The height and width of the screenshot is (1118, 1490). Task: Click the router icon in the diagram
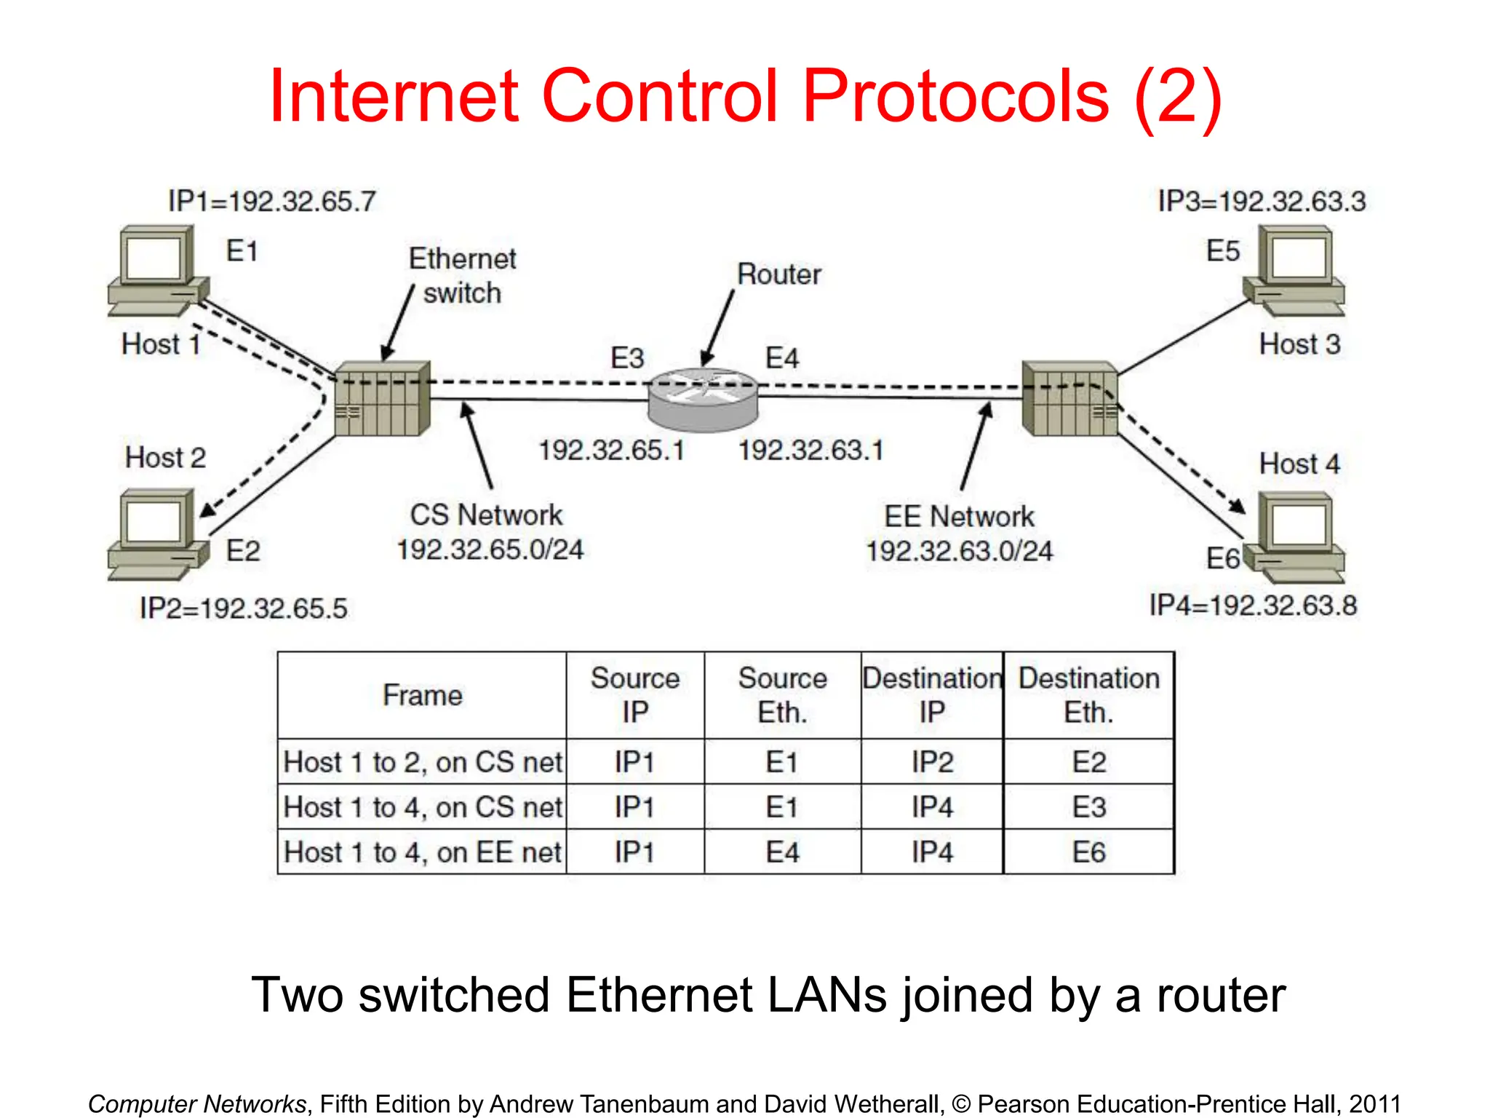tap(703, 400)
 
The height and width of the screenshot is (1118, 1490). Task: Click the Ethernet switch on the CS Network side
tap(383, 398)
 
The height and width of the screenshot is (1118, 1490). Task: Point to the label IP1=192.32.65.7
tap(272, 201)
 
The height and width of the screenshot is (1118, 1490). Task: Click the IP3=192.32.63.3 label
tap(1262, 201)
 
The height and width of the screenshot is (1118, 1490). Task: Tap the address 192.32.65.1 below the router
tap(611, 450)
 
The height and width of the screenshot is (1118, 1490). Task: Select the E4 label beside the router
tap(782, 358)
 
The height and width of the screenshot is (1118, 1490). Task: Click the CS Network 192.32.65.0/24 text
tap(489, 532)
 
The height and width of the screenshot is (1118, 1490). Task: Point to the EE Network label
tap(959, 516)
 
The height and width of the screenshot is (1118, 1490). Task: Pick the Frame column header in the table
tap(422, 695)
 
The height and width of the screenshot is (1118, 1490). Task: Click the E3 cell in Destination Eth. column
tap(1088, 807)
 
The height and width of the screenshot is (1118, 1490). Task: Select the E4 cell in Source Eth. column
tap(782, 852)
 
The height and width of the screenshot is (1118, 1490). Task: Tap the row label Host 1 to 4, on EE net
tap(422, 852)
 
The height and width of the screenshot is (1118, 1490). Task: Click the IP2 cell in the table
tap(932, 762)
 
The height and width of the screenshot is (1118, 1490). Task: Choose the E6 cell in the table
tap(1088, 852)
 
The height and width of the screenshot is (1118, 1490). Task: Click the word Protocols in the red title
tap(956, 96)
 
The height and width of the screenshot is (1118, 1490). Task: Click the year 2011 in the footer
tap(1374, 1103)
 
